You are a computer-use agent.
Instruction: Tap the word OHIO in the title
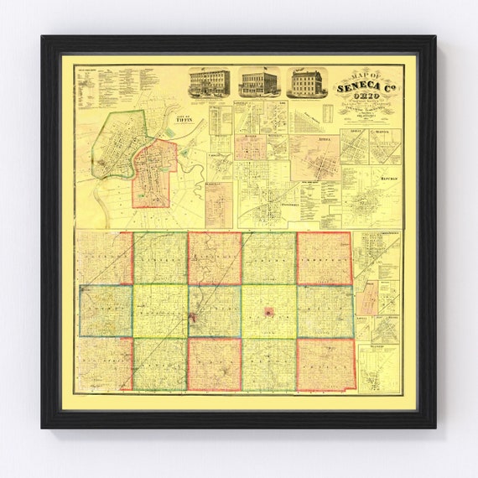(367, 99)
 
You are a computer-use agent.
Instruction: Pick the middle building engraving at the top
(258, 82)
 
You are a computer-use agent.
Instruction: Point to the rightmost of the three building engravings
(306, 82)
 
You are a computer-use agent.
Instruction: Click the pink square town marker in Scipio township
(268, 312)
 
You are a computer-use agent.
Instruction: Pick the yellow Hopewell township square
(159, 311)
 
